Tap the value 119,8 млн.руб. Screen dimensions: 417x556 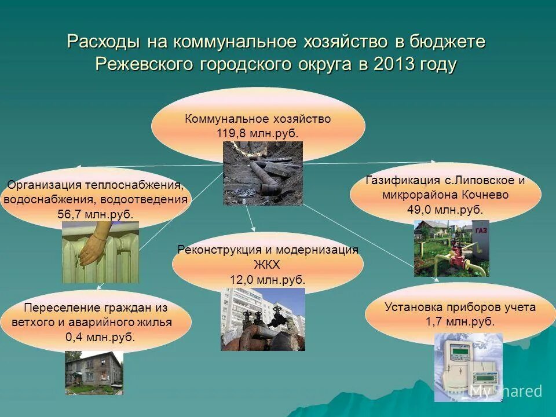pos(258,133)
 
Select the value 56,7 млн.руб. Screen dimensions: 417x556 pos(96,214)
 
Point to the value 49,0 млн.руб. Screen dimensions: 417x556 pos(445,210)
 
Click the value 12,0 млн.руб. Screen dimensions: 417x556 pos(268,280)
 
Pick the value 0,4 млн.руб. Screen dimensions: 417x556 pos(100,337)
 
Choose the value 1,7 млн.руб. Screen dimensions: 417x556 pos(460,322)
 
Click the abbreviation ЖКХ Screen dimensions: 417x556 pos(267,265)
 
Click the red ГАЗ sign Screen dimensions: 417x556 pos(481,231)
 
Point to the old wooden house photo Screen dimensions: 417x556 pos(93,372)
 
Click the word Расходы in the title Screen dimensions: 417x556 pos(103,42)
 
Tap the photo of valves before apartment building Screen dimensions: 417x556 pos(262,319)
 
